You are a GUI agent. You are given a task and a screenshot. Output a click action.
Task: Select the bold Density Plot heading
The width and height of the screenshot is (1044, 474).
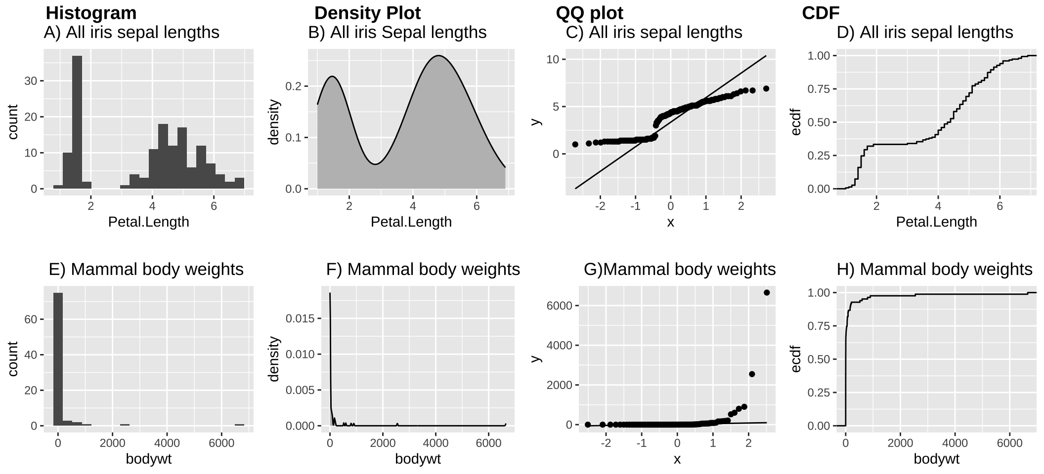pos(367,13)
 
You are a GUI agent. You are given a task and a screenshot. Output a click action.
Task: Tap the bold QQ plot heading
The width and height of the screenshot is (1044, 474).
pos(589,13)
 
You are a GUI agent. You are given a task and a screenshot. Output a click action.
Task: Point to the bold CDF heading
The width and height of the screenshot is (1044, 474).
pos(821,13)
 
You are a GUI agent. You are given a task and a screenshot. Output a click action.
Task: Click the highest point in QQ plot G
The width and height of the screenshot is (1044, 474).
pos(767,293)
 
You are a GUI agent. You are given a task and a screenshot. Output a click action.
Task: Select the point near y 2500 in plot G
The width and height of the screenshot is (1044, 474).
pos(752,374)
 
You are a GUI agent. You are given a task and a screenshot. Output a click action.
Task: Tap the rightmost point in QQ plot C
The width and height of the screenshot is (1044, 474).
pos(766,89)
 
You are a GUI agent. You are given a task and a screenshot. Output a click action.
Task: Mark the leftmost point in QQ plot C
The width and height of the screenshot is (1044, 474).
pos(575,144)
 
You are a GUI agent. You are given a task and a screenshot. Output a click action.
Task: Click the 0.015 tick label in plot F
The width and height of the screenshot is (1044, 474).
pos(300,318)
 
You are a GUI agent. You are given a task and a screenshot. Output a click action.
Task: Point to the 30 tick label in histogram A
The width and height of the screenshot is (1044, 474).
pos(31,81)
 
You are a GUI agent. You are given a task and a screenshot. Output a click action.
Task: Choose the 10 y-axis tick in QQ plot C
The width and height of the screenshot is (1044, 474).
pos(553,60)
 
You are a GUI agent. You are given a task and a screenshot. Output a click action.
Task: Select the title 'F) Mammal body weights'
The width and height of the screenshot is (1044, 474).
pos(423,270)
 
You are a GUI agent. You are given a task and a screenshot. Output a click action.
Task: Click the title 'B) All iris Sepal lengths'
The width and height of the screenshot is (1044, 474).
pos(397,33)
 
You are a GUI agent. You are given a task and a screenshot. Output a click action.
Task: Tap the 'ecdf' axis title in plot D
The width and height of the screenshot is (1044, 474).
pos(795,122)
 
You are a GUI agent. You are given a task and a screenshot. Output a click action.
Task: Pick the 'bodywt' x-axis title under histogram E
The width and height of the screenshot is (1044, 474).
pos(148,459)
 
